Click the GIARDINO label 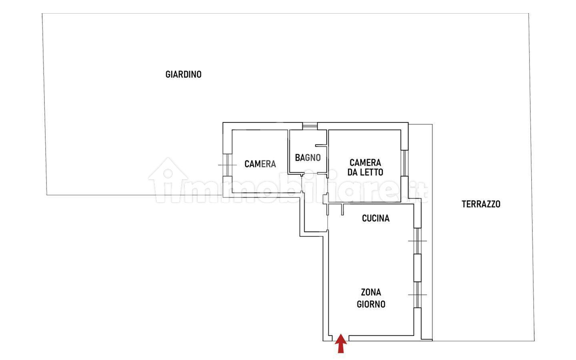(x=183, y=74)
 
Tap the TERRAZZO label (x=481, y=204)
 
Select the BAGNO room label (x=308, y=158)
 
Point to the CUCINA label (x=376, y=218)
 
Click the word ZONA (x=371, y=292)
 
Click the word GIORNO (x=371, y=304)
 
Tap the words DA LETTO (x=366, y=172)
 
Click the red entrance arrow (x=341, y=344)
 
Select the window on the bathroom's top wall (x=310, y=126)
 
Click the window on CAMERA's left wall (x=227, y=165)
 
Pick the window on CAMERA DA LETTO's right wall (x=404, y=163)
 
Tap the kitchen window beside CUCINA (x=418, y=241)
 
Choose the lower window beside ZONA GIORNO (x=418, y=295)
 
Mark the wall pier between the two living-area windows (x=418, y=268)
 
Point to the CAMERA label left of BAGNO (x=260, y=164)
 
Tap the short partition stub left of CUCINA (x=342, y=210)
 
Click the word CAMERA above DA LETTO (x=366, y=163)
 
